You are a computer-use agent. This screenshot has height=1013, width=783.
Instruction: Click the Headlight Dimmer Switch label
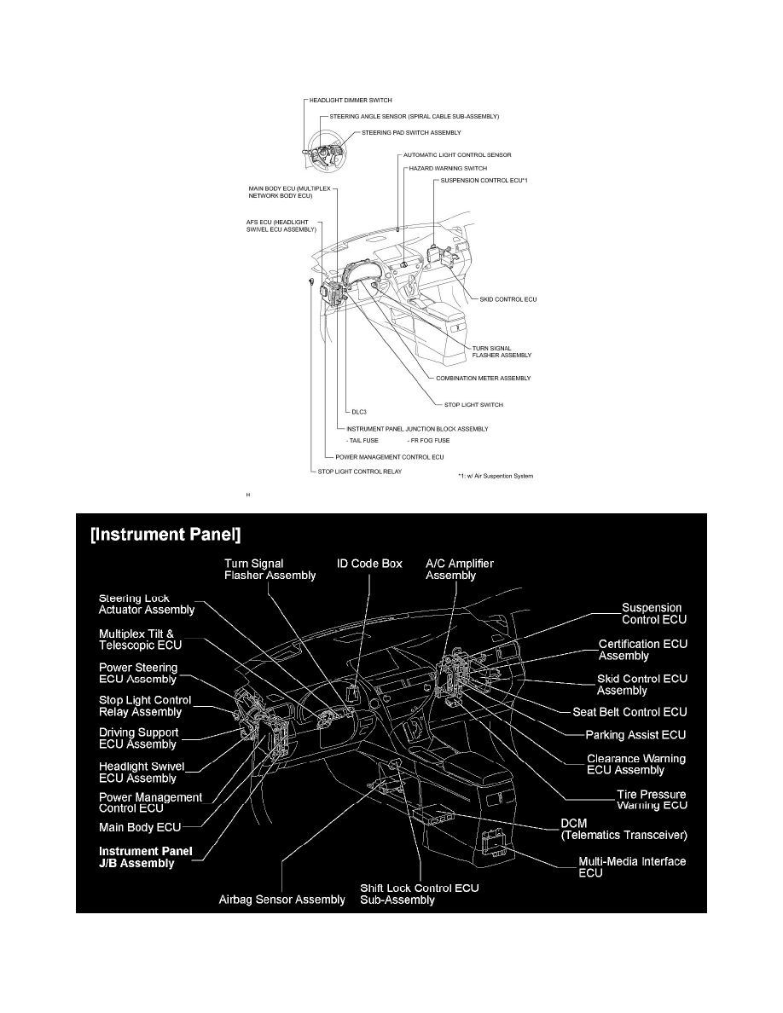351,100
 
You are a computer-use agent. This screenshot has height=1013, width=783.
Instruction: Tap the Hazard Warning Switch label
448,168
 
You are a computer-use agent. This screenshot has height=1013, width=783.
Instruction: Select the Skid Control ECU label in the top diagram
507,300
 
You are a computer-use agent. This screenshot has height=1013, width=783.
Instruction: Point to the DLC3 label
359,412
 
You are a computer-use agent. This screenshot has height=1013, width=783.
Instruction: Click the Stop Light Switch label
473,405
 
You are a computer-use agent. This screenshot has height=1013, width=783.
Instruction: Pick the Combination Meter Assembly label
484,379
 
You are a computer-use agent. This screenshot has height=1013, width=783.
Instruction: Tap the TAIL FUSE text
362,441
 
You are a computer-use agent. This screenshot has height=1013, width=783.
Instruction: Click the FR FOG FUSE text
429,441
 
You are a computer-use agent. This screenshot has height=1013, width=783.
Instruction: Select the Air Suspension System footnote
496,476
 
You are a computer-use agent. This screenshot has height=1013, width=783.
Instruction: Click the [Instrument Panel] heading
165,535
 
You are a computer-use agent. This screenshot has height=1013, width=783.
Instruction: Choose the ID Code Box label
369,564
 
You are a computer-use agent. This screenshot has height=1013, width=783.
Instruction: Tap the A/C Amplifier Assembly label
460,569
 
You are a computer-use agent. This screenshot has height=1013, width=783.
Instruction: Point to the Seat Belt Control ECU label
629,712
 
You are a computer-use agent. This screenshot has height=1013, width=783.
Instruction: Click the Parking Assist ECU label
635,734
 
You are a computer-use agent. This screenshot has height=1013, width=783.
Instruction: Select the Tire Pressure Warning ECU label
652,800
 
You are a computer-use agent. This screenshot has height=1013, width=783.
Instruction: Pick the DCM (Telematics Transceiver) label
624,829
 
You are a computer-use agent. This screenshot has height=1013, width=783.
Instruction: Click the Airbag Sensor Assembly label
281,900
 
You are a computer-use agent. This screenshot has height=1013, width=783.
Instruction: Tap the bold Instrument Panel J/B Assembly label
145,857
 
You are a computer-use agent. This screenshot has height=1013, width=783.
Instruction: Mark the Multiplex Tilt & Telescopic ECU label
140,640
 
